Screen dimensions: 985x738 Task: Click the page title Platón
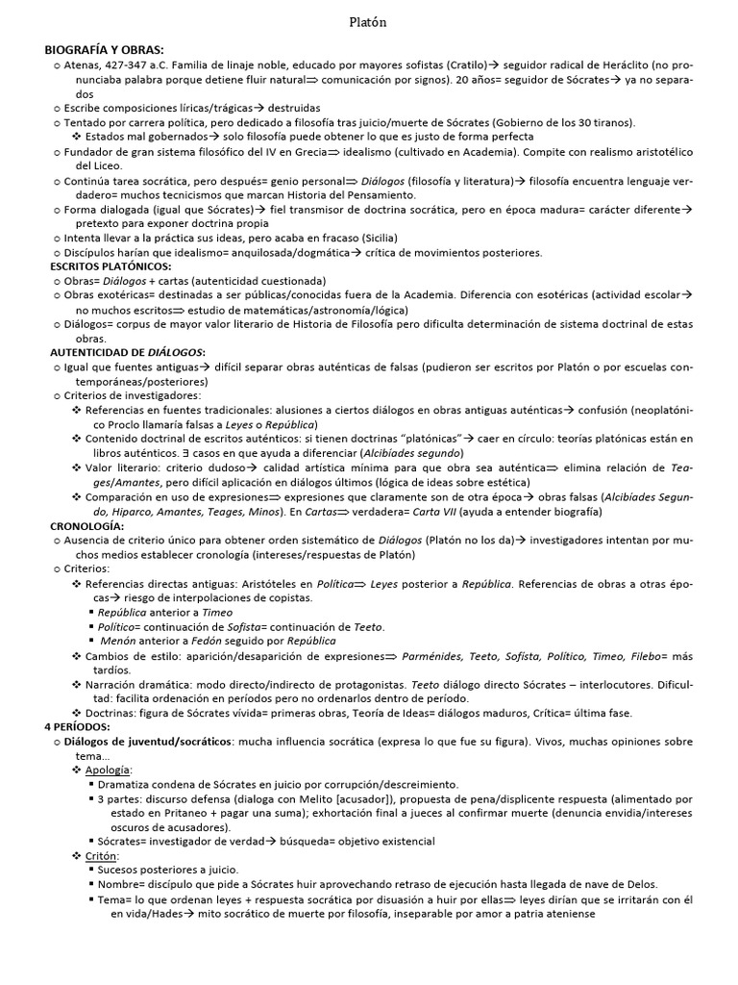(x=369, y=22)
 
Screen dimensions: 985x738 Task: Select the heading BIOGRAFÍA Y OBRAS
(x=104, y=49)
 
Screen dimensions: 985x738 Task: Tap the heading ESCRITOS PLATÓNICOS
(x=111, y=265)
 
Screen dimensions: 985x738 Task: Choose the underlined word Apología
(x=109, y=770)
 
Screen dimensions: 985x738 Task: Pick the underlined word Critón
(x=102, y=856)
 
